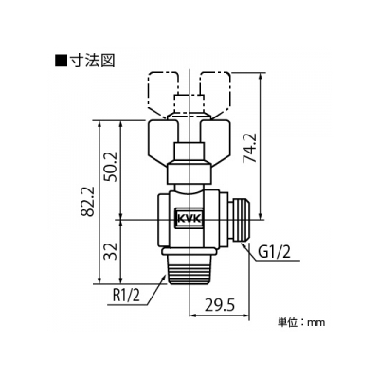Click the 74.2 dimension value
(251, 148)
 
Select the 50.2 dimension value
(111, 166)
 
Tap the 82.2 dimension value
(88, 201)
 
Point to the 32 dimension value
(111, 251)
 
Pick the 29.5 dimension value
(220, 305)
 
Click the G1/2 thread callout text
(274, 253)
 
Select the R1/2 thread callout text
(126, 297)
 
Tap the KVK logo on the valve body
(189, 219)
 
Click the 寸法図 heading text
(92, 61)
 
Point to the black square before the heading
(61, 61)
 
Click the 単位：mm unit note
(301, 322)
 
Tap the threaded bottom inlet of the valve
(189, 269)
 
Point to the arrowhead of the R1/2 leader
(163, 279)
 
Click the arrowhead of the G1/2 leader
(244, 245)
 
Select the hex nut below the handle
(189, 172)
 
